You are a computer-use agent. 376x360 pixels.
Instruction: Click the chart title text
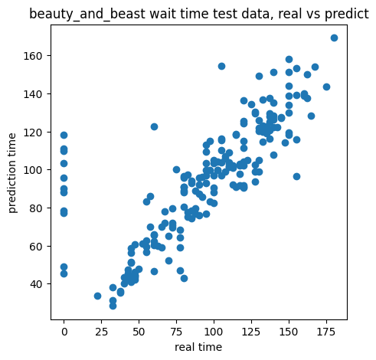tap(199, 14)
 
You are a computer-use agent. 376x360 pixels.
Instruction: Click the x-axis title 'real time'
tap(198, 347)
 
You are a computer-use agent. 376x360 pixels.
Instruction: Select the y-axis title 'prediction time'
tap(12, 173)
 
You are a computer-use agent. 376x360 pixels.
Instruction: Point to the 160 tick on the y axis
tap(33, 56)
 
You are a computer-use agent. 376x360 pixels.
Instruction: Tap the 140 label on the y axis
tap(33, 94)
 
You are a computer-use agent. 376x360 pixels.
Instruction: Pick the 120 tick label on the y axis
tap(33, 133)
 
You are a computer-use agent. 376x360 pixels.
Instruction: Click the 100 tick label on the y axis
tap(33, 170)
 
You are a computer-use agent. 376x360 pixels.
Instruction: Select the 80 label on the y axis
tap(36, 208)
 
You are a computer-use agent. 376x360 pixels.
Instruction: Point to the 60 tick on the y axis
tap(36, 246)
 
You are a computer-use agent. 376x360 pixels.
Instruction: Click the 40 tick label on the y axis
tap(36, 284)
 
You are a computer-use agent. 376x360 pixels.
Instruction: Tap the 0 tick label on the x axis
tap(64, 332)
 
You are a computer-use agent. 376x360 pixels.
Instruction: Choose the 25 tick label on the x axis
tap(101, 332)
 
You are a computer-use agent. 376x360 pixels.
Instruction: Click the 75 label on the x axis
tap(176, 332)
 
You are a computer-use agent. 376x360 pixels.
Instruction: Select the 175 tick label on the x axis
tap(326, 332)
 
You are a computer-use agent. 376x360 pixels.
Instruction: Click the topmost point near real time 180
tap(334, 38)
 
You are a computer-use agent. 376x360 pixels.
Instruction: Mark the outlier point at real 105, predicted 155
tap(221, 66)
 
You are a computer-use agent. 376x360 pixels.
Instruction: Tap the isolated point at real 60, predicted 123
tap(154, 126)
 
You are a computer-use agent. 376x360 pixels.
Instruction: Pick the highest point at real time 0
tap(64, 135)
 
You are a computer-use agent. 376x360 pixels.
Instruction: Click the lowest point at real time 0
tap(64, 274)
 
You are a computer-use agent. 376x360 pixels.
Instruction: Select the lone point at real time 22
tap(97, 296)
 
